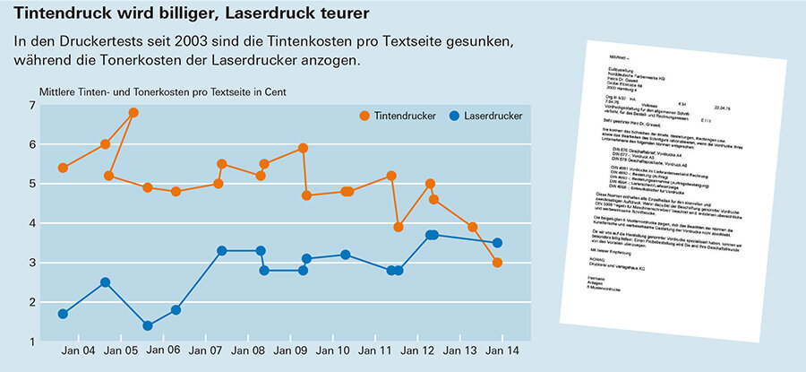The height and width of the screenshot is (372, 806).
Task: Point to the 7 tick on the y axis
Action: tap(31, 106)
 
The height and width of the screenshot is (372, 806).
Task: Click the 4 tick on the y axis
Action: tap(31, 224)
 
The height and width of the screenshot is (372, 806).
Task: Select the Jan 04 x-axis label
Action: tap(77, 350)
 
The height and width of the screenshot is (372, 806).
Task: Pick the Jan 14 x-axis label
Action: tap(501, 350)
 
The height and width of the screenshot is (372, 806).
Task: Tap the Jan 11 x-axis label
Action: tap(373, 350)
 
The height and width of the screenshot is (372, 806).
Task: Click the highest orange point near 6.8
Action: tap(133, 113)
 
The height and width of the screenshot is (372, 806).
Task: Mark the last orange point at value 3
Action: tap(497, 263)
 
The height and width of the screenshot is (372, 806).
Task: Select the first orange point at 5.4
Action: tap(63, 168)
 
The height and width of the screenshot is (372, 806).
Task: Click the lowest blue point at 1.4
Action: tap(147, 325)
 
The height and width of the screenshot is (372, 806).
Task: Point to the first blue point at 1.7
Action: tap(63, 314)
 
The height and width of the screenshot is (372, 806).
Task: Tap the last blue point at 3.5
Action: tap(497, 243)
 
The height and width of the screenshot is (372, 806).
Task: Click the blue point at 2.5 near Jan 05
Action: tap(106, 282)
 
